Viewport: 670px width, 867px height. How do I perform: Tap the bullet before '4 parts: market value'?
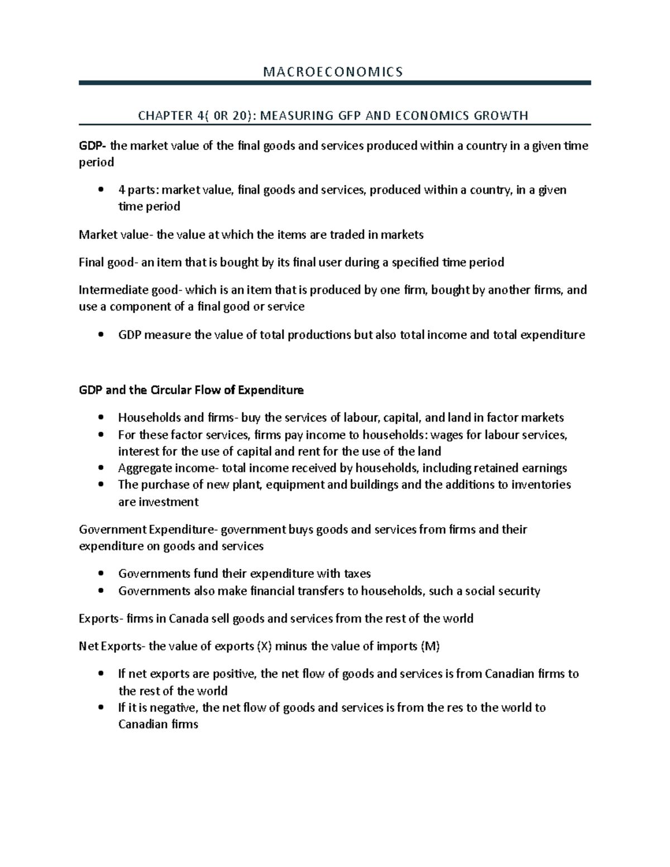pos(100,190)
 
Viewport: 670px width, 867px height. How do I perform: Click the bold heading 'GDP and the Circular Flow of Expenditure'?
pos(191,390)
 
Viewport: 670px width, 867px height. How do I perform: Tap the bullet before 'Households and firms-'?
pos(100,418)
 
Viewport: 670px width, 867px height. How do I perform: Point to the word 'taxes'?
pos(357,574)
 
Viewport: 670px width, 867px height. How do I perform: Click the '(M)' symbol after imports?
pos(430,646)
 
